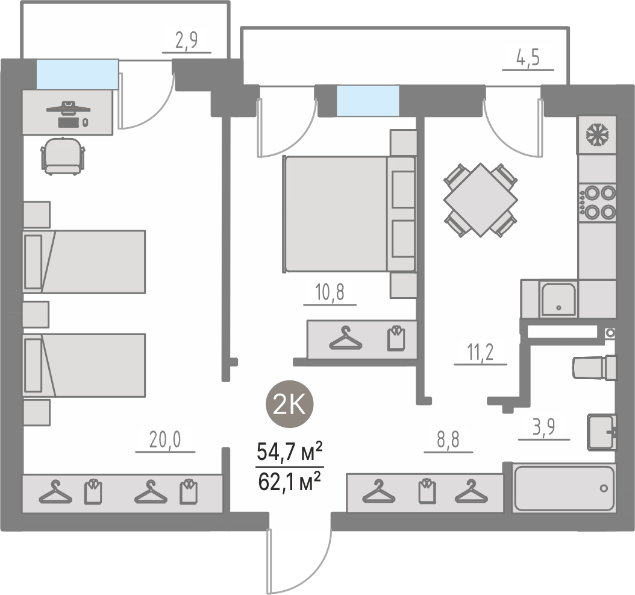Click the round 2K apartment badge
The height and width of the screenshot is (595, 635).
point(290,405)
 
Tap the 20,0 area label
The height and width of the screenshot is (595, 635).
point(165,439)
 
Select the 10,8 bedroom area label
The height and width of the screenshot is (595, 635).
point(330,292)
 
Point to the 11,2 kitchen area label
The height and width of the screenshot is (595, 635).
point(480,352)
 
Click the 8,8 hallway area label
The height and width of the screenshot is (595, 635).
point(448,439)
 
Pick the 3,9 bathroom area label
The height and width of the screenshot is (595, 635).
point(544,427)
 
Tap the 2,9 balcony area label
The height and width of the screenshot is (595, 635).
point(186,40)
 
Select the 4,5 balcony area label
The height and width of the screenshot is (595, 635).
point(528,58)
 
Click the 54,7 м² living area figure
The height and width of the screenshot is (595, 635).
point(290,452)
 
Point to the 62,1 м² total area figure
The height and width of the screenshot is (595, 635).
point(290,481)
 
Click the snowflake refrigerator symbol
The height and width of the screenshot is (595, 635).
point(597,134)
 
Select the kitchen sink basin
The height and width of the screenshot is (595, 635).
point(558,299)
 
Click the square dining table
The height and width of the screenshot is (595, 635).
point(480,200)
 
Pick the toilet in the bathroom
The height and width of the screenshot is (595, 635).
point(595,368)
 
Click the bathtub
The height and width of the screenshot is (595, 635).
point(564,488)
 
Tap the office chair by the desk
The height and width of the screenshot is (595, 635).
point(63,157)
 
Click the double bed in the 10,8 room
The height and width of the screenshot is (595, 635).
point(349,213)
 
